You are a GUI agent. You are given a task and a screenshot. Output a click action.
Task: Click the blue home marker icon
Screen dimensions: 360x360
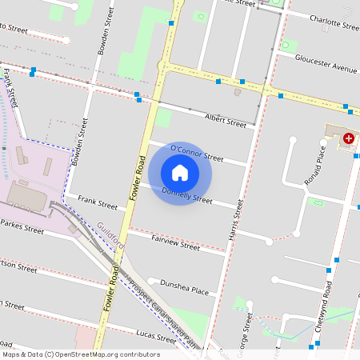pos(180,172)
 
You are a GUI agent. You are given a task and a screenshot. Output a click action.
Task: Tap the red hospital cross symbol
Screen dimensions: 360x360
pos(349,138)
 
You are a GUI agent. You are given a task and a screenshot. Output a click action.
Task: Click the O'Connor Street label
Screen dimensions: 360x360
pos(197,153)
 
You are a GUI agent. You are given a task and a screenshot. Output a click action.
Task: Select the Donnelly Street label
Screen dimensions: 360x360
pos(187,195)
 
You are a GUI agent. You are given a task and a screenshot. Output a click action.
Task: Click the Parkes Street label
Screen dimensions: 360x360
pos(22,227)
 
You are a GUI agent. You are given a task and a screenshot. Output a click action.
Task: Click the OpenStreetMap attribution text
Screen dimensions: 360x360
pos(82,354)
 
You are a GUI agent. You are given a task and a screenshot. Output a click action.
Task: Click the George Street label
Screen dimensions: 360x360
pos(250,328)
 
